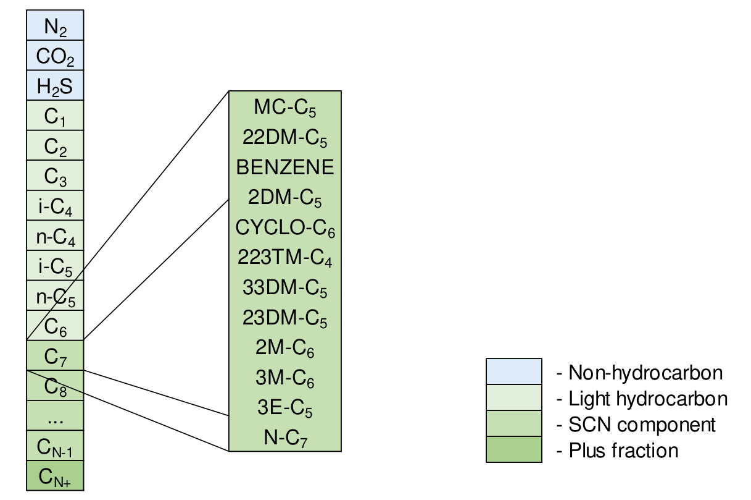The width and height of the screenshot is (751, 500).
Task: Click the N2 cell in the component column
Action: tap(55, 26)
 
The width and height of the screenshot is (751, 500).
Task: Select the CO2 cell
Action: tap(55, 56)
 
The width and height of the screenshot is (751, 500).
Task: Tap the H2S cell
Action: tap(55, 86)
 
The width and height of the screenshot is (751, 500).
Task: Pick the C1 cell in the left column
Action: tap(55, 116)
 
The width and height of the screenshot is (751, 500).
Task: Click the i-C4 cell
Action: tap(55, 206)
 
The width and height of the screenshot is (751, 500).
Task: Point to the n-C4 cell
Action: tap(55, 236)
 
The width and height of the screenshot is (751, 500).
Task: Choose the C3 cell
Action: tap(55, 176)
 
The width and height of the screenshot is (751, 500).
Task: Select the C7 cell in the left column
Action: tap(55, 355)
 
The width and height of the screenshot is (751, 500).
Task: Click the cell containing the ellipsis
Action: tap(55, 416)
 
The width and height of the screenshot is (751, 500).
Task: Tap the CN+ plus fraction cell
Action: tap(55, 477)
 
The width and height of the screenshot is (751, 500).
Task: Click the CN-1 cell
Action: tap(55, 446)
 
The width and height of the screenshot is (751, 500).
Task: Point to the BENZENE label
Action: tap(284, 167)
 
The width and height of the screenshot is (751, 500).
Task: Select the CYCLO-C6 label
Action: tap(284, 228)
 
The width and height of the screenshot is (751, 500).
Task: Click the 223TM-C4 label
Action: tap(284, 258)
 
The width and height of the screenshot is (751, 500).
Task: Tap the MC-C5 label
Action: tap(284, 108)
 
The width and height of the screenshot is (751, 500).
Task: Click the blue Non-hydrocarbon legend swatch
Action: tap(513, 371)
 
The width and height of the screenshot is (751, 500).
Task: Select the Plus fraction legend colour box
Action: tap(513, 449)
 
